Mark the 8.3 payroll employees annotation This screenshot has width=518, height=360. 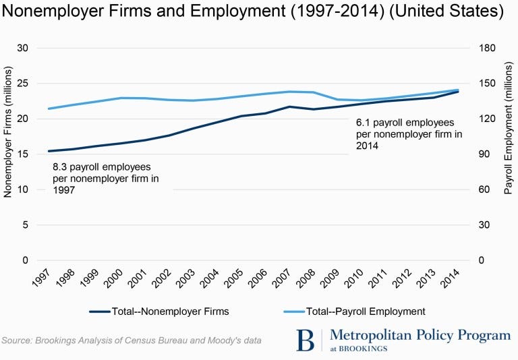(x=101, y=178)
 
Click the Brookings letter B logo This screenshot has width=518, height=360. (x=305, y=340)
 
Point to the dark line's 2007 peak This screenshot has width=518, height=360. (x=289, y=107)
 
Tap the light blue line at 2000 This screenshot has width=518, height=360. (x=121, y=98)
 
